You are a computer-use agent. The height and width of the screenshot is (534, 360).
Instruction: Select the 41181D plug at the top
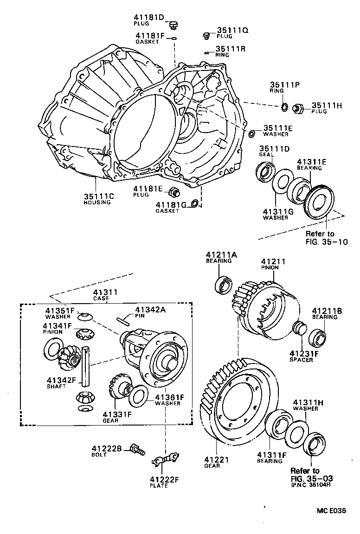click(x=174, y=25)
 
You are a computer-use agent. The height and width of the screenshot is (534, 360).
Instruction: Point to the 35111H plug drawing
click(x=299, y=108)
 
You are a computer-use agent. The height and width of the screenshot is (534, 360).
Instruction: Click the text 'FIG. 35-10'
click(x=326, y=242)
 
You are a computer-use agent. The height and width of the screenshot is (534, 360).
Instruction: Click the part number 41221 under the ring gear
click(x=214, y=460)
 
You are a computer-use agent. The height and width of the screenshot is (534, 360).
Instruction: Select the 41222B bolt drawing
click(x=137, y=448)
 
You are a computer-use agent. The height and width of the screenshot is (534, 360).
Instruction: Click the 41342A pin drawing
click(x=124, y=319)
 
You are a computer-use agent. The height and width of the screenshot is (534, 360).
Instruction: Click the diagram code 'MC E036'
click(x=332, y=511)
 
